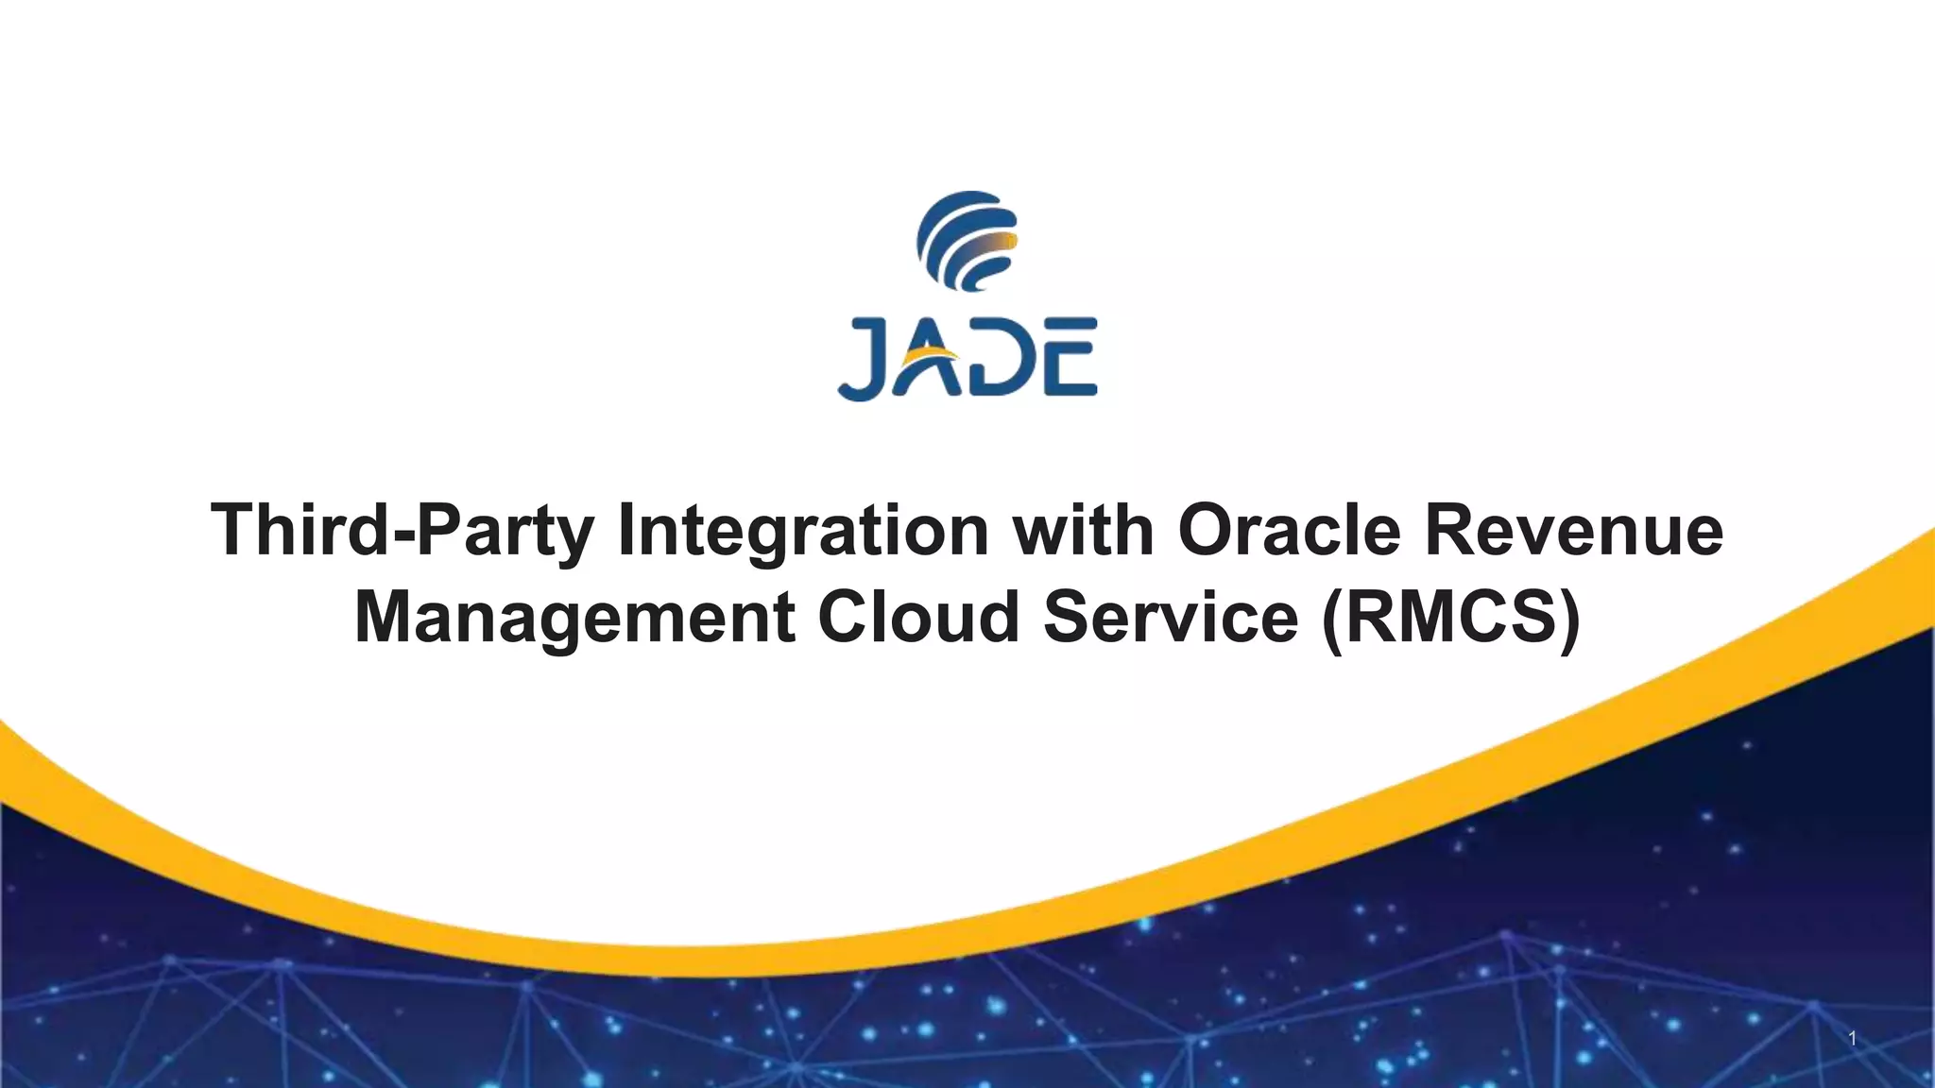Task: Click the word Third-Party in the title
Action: [402, 531]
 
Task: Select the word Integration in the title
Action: [802, 531]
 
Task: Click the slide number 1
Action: [1853, 1039]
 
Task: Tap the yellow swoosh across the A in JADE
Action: [931, 357]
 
